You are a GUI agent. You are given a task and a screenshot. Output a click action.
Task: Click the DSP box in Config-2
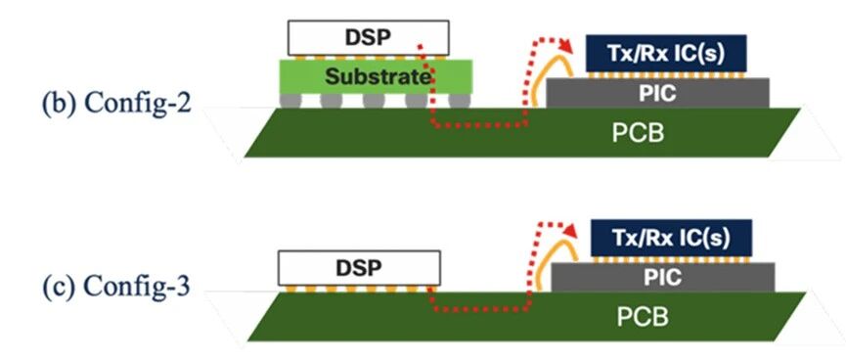pyautogui.click(x=368, y=38)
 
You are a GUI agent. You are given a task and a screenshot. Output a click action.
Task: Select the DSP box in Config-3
pyautogui.click(x=359, y=268)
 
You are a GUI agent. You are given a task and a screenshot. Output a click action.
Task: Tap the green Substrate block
pyautogui.click(x=377, y=76)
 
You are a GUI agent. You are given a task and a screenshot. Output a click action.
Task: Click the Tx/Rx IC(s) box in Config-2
pyautogui.click(x=666, y=54)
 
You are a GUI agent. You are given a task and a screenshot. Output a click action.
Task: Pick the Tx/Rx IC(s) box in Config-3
pyautogui.click(x=672, y=238)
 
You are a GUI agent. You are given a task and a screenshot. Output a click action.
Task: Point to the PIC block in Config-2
pyautogui.click(x=657, y=93)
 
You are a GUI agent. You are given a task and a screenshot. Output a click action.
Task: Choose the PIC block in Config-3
pyautogui.click(x=663, y=278)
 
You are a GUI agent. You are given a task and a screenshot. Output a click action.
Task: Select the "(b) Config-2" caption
pyautogui.click(x=116, y=103)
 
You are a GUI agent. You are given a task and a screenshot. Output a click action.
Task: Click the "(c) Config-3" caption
pyautogui.click(x=116, y=288)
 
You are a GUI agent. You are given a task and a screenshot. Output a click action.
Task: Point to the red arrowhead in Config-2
pyautogui.click(x=565, y=45)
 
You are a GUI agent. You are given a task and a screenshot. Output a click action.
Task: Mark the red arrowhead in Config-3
pyautogui.click(x=570, y=231)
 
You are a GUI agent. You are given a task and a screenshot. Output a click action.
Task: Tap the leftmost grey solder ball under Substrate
pyautogui.click(x=290, y=101)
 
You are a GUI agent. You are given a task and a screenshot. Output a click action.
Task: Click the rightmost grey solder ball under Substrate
pyautogui.click(x=460, y=101)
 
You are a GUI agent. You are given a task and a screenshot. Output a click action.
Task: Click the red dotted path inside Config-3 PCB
pyautogui.click(x=478, y=310)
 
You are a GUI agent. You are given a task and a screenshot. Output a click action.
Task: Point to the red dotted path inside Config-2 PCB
pyautogui.click(x=479, y=126)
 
